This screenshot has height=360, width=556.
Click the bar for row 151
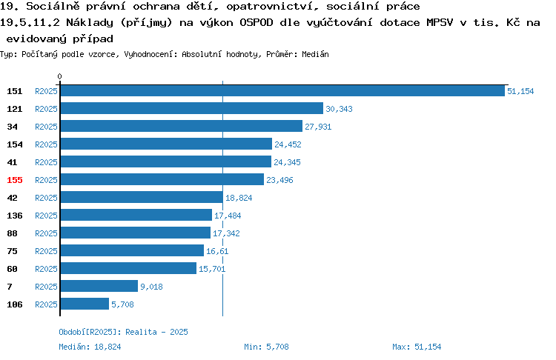pos(282,90)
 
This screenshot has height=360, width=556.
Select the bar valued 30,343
pos(192,108)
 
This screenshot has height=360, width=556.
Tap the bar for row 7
pos(99,286)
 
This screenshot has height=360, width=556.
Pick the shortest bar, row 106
pos(85,304)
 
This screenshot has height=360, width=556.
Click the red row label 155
pos(15,180)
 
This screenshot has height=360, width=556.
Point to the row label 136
pos(15,216)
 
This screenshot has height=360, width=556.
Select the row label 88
pos(12,233)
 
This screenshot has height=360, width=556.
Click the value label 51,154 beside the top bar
pos(520,91)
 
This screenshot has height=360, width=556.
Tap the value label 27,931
pos(318,127)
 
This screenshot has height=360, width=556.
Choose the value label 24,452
pos(288,144)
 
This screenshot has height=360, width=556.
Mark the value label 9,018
pos(151,287)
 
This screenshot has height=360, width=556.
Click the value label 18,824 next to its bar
pos(239,198)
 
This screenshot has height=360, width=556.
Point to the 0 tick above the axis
pos(59,76)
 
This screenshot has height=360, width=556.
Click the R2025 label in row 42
pos(46,198)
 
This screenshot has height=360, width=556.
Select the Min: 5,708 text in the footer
pos(266,347)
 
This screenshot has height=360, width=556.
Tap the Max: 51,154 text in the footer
pos(417,347)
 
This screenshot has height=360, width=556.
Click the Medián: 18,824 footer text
pos(90,347)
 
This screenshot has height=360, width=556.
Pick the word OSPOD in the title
pos(257,23)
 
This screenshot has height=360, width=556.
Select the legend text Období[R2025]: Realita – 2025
pos(123,332)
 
